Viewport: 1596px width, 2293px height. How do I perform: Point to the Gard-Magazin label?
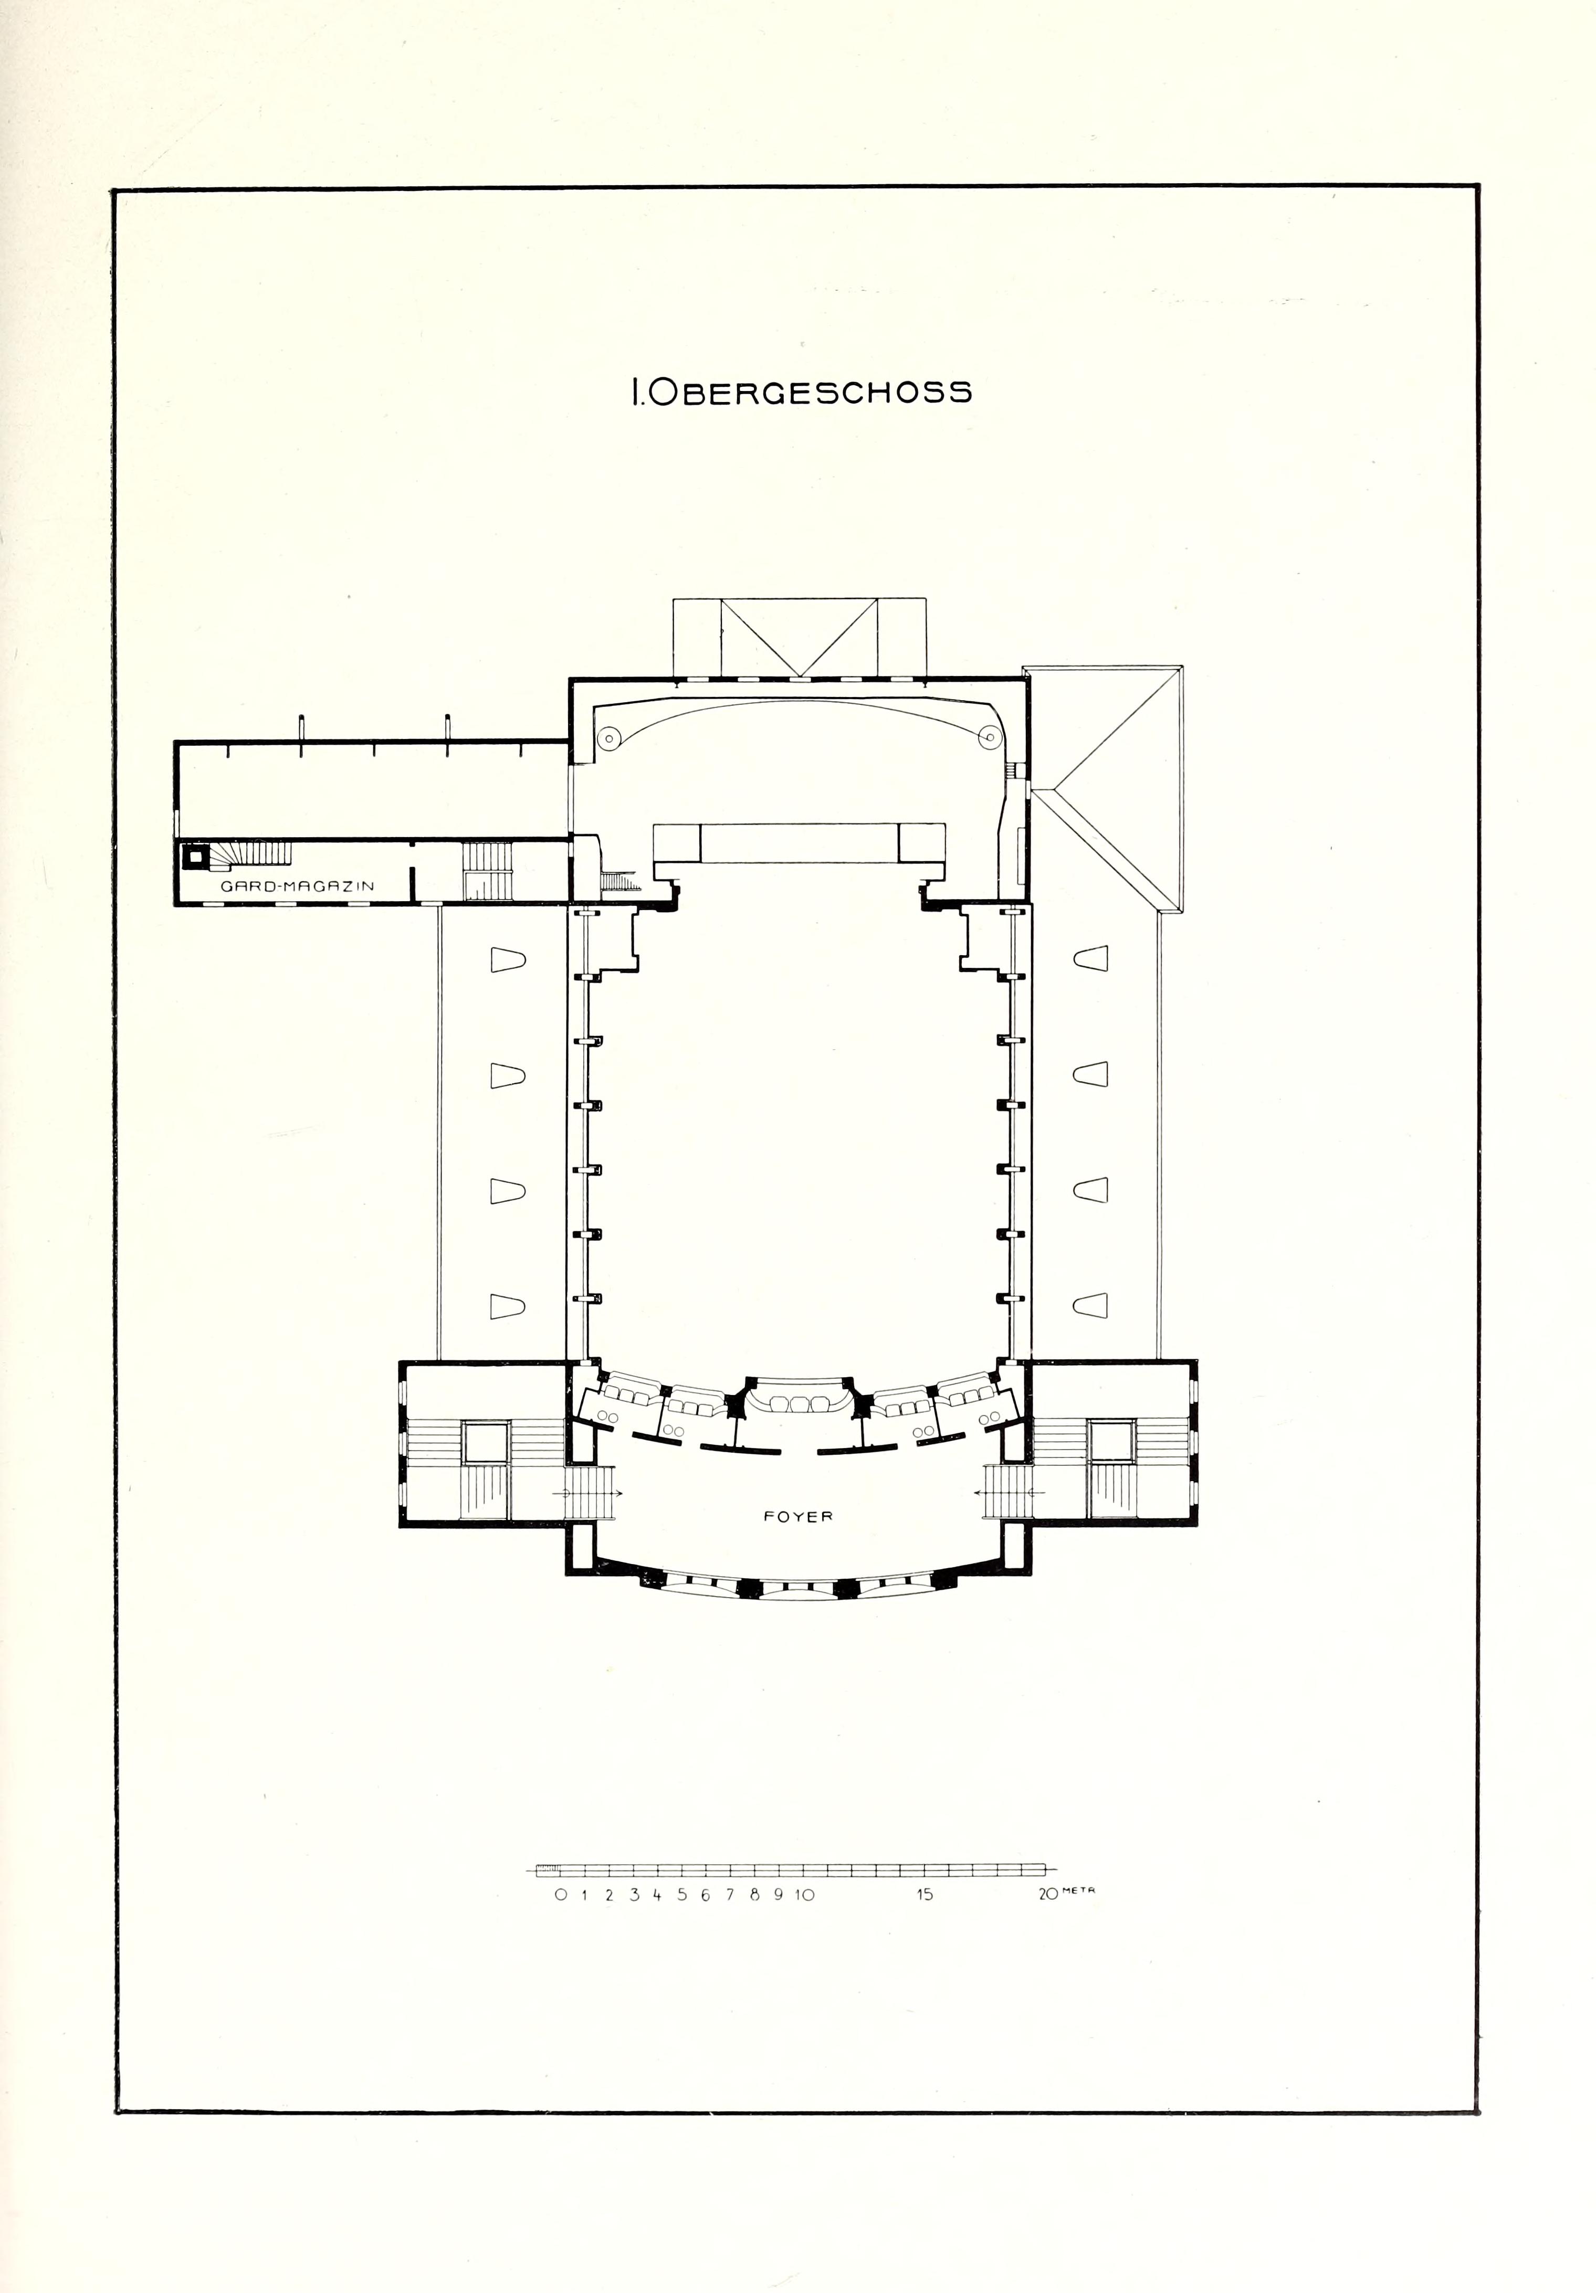click(298, 886)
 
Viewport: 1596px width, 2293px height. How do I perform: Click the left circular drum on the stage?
click(608, 738)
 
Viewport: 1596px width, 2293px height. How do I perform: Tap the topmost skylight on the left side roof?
click(507, 960)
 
